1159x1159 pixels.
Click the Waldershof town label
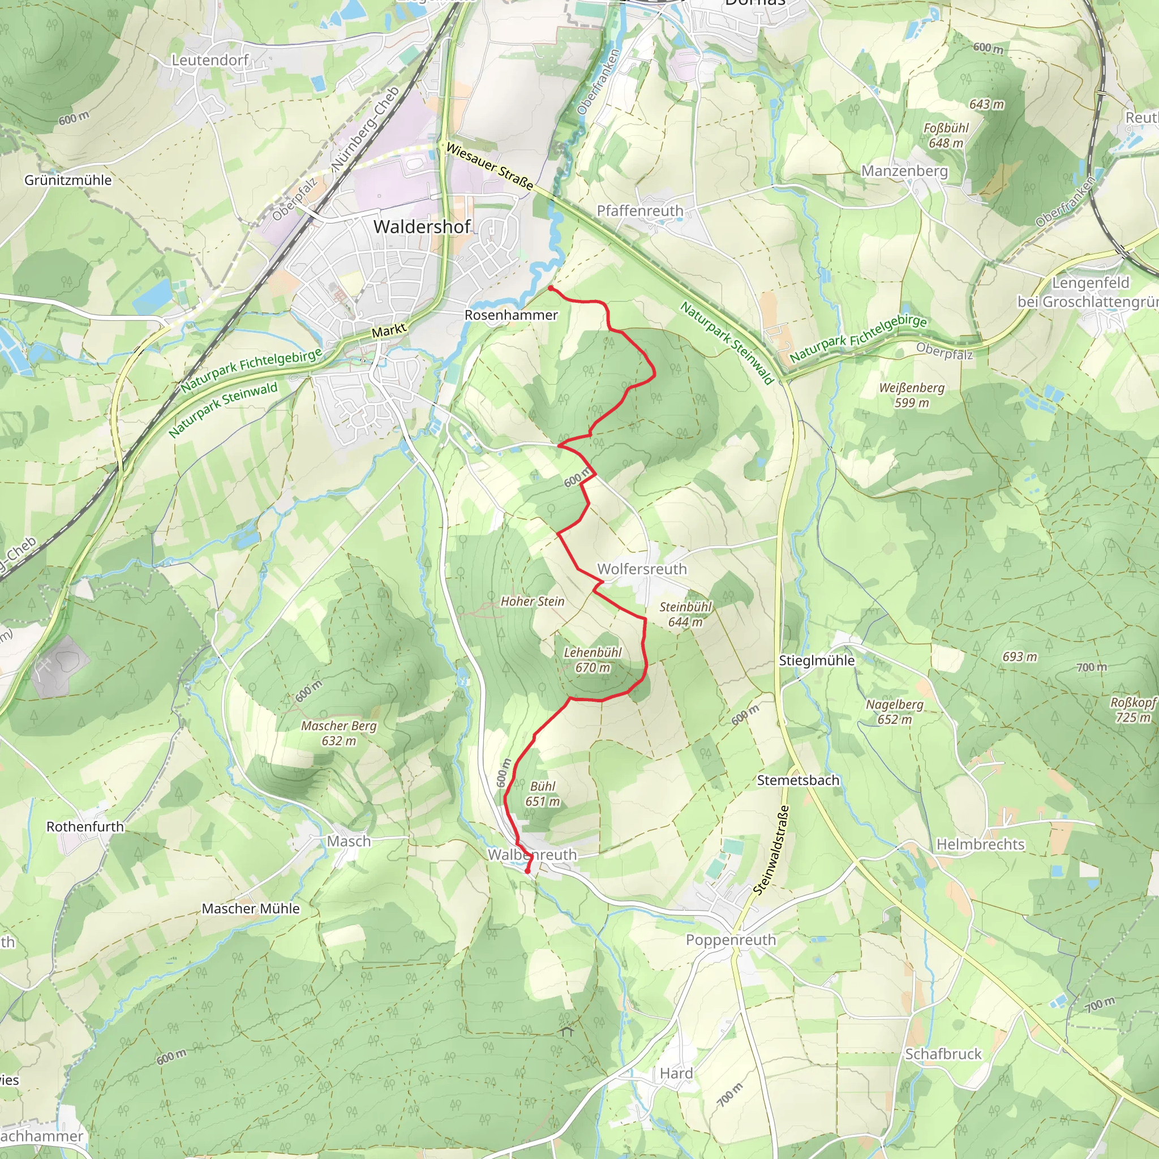point(422,226)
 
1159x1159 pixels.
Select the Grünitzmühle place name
point(68,180)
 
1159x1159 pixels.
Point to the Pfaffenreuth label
point(639,211)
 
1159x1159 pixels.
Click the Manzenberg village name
point(904,171)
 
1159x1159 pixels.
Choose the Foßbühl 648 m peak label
point(946,136)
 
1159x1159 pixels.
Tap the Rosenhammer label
point(510,315)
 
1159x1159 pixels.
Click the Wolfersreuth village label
point(641,569)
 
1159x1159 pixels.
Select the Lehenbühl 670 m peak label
point(592,660)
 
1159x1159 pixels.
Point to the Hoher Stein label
point(532,601)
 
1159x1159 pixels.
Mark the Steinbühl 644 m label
point(685,614)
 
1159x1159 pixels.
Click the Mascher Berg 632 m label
point(338,733)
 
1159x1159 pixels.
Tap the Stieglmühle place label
point(817,660)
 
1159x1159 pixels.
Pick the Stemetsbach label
point(797,780)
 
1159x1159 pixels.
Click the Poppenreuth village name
point(730,940)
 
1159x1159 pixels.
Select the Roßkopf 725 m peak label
point(1132,710)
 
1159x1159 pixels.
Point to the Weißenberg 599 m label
point(911,396)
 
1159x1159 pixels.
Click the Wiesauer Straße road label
point(490,166)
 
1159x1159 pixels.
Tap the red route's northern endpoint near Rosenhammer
point(550,289)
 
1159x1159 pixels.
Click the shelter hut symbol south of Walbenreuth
point(567,1031)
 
